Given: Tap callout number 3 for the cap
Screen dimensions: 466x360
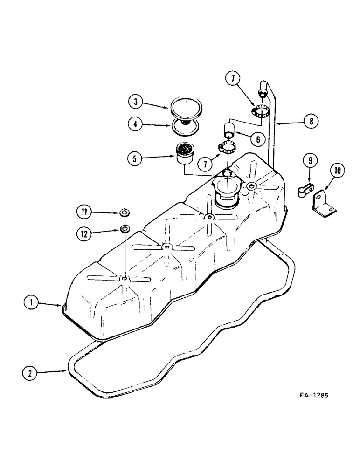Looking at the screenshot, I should tap(135, 101).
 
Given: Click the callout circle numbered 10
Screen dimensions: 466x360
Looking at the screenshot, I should tap(339, 171).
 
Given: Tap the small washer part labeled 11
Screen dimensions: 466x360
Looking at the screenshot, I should tap(125, 213).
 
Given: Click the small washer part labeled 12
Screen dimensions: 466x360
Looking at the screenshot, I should tap(125, 229).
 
